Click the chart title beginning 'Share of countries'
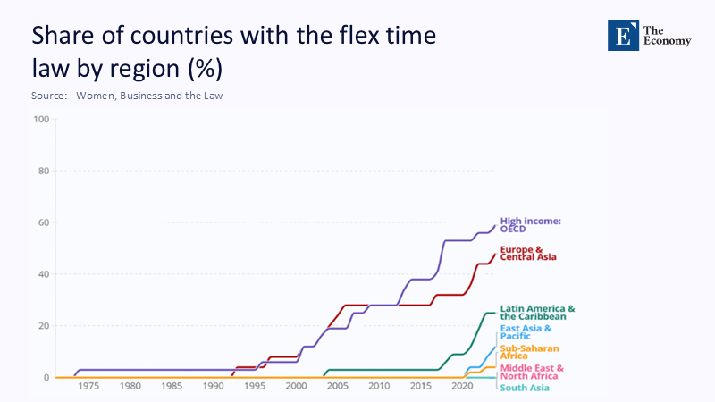(234, 52)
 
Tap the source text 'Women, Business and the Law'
(149, 96)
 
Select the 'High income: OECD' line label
(530, 224)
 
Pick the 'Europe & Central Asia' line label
(528, 253)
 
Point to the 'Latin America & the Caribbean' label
(537, 313)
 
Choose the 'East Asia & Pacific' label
(526, 333)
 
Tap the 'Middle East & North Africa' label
(532, 372)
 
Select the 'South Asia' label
(525, 388)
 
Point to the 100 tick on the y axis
(41, 119)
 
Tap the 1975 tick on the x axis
(88, 386)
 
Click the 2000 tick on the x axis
(295, 386)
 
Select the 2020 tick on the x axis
(461, 386)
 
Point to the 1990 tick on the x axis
(213, 386)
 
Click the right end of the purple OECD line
(494, 225)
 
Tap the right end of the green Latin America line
(494, 313)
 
